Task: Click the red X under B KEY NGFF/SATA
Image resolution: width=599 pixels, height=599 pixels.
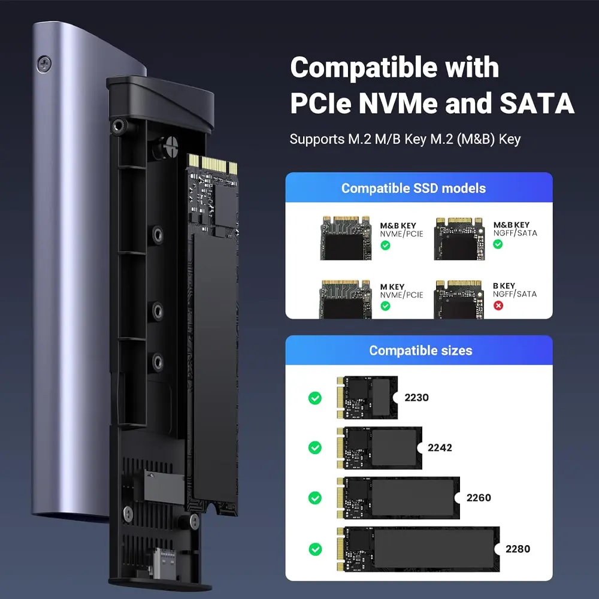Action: [x=498, y=305]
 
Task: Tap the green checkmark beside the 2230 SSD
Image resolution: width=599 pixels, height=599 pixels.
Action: [x=315, y=398]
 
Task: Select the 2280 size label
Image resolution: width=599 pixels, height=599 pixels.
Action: [x=518, y=549]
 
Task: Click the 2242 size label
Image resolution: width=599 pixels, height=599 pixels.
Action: [x=440, y=447]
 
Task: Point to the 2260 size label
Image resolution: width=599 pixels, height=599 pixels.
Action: [x=479, y=498]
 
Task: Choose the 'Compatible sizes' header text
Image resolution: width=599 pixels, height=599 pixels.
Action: [x=420, y=350]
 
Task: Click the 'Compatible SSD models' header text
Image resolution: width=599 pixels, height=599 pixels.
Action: [x=414, y=188]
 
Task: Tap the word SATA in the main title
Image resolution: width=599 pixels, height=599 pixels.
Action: [x=537, y=103]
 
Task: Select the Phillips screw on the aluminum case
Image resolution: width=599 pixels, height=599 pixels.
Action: [x=44, y=64]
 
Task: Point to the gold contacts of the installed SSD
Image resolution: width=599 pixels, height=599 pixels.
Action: [x=213, y=164]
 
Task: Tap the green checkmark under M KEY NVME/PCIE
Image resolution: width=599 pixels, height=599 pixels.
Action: [x=385, y=306]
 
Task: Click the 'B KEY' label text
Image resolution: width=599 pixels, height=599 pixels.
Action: [x=504, y=286]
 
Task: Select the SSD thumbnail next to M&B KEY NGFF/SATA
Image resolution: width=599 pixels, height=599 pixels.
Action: [x=459, y=239]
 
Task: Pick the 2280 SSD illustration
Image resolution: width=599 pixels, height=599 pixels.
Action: [x=418, y=549]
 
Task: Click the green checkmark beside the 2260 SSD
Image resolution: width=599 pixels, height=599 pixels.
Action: [x=315, y=498]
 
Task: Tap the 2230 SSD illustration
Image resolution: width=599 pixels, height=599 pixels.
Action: [x=367, y=398]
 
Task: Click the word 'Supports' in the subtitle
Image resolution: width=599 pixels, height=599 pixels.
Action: [x=317, y=140]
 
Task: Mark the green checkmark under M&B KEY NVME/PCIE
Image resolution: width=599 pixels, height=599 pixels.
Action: [x=385, y=245]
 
